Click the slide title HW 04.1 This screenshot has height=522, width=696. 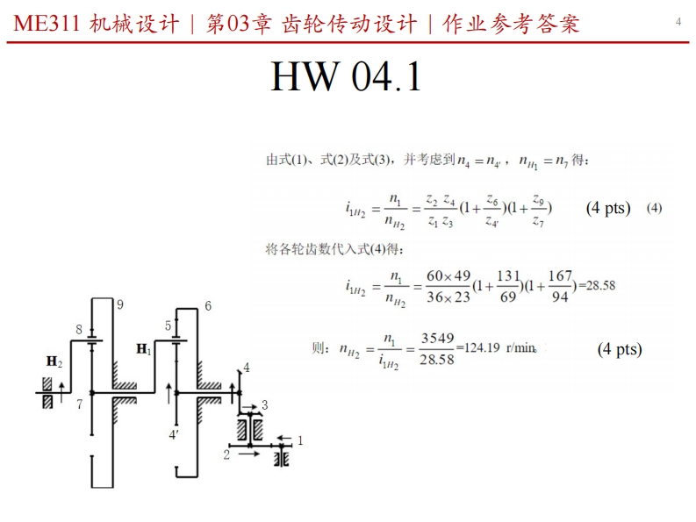coord(347,77)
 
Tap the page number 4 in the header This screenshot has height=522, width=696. coord(678,21)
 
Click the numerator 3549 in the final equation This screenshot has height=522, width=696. coord(437,338)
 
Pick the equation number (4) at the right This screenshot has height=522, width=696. coord(654,208)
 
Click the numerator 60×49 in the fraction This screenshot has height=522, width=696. coord(448,276)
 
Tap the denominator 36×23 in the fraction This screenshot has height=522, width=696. coord(448,297)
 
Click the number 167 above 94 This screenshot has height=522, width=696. coord(560,276)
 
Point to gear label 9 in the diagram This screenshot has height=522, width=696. coord(119,304)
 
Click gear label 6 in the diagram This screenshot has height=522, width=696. coord(208,306)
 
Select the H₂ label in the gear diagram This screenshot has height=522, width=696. coord(54,361)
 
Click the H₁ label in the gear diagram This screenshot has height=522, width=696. coord(144,349)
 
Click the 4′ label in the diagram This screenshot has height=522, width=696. coord(175,433)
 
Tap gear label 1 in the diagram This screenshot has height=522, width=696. coord(300,440)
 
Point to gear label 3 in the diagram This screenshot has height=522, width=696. coord(264,404)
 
